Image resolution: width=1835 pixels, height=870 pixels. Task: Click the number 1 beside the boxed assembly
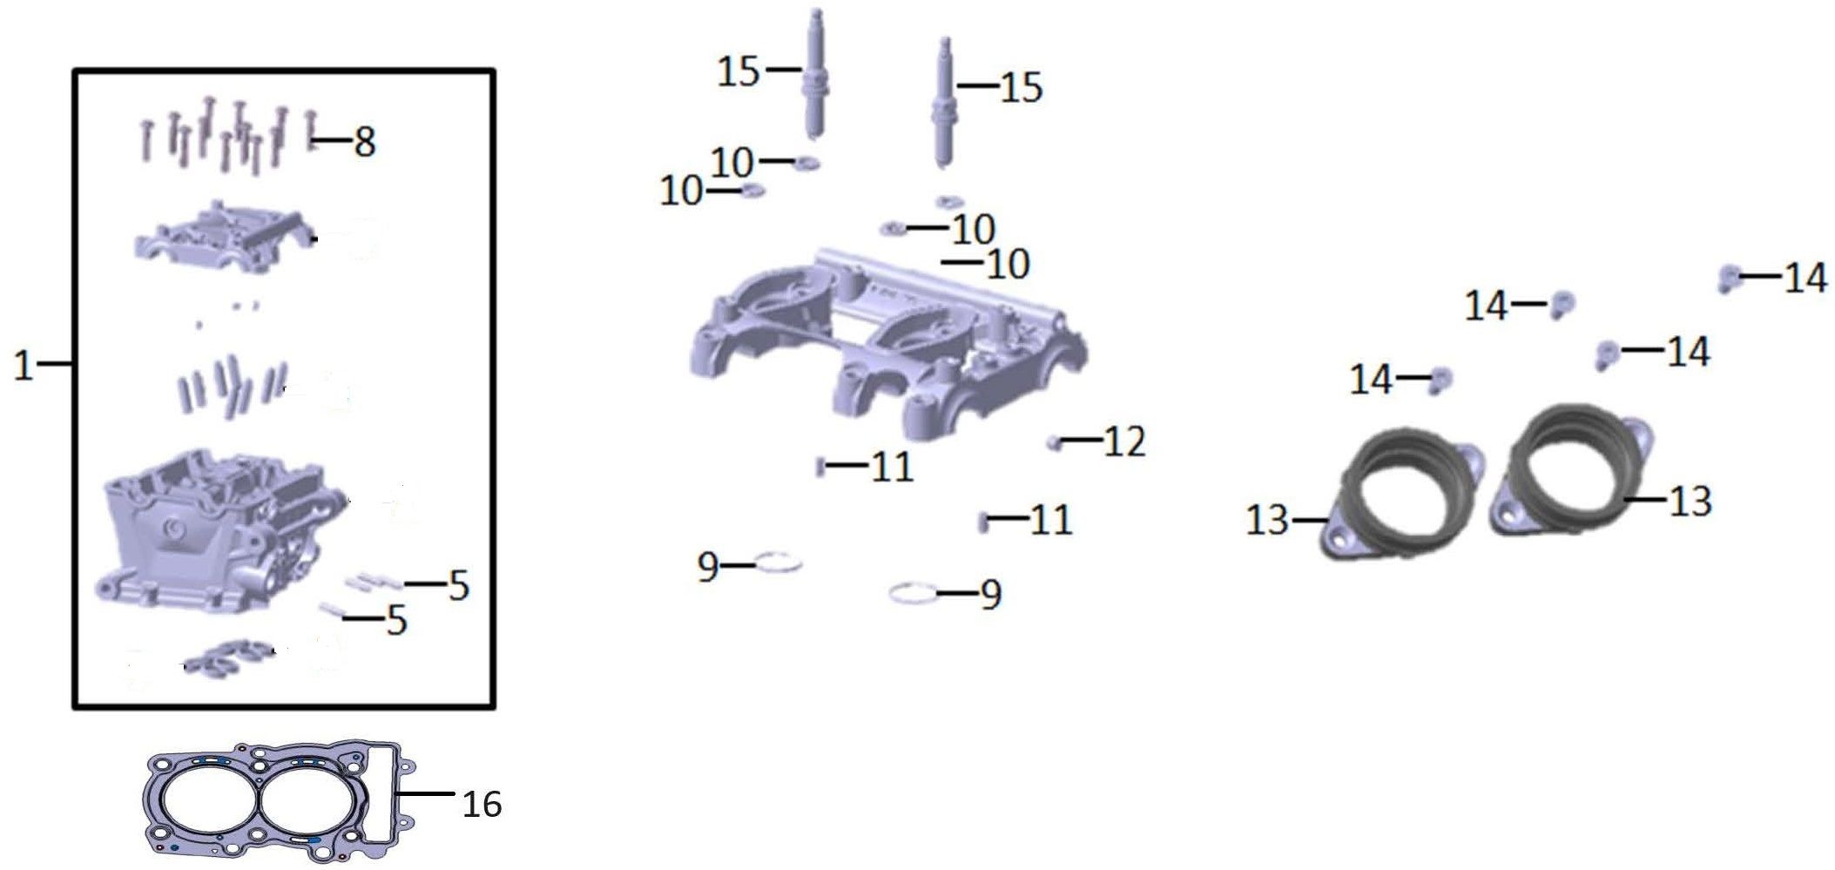(x=24, y=366)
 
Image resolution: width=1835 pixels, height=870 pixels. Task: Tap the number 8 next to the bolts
(x=365, y=142)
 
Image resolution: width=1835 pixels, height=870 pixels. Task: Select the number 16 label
(x=482, y=804)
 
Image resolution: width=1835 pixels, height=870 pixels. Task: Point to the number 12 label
(x=1124, y=442)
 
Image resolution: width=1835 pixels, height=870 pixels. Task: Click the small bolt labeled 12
(x=1054, y=443)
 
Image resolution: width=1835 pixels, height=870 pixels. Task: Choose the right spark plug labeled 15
(x=944, y=105)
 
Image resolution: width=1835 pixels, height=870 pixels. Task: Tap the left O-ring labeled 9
(x=778, y=563)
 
